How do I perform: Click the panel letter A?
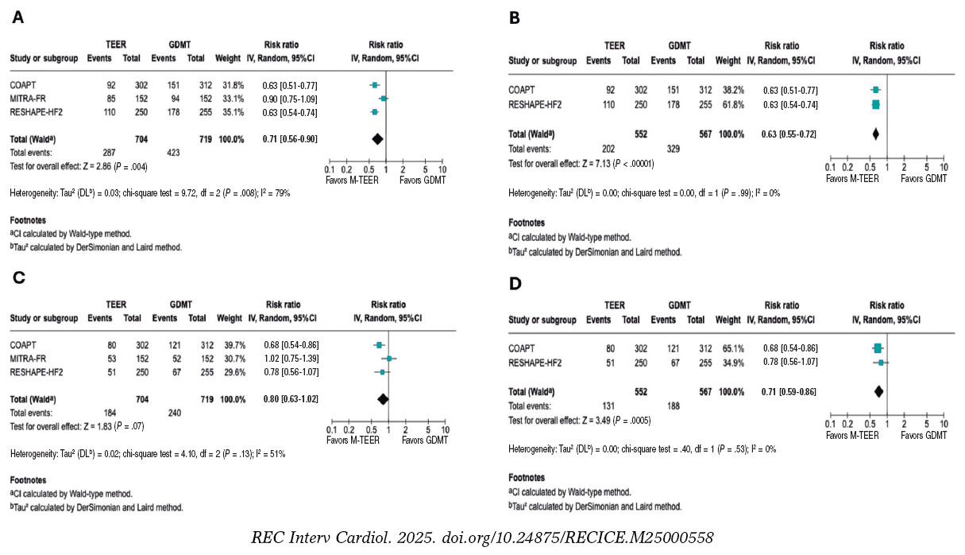tap(16, 17)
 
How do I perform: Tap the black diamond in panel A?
tap(376, 139)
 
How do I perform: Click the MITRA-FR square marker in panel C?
tap(389, 359)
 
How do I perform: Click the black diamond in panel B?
tap(876, 134)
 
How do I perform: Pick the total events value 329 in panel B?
tap(670, 148)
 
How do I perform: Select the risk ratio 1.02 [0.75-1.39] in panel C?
tap(287, 359)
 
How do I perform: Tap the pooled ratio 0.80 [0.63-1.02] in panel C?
tap(287, 400)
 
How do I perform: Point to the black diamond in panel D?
tap(878, 390)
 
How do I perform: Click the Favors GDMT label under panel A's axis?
tap(421, 180)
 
